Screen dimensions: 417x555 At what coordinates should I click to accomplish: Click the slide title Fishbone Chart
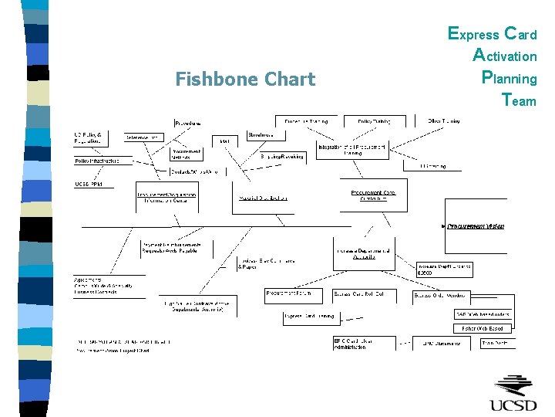point(245,80)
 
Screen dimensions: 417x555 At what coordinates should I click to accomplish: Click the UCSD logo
point(514,395)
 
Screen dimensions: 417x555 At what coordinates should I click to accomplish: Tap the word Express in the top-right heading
point(473,34)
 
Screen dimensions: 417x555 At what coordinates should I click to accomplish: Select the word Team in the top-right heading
point(518,100)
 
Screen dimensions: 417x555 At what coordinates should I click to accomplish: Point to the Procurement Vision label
point(476,226)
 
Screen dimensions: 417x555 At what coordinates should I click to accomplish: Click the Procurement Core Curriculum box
point(373,195)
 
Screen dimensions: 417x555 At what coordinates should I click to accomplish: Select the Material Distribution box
point(264,198)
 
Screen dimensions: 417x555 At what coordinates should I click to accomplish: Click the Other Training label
point(444,121)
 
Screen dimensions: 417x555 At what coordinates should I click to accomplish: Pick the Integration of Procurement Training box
point(351,150)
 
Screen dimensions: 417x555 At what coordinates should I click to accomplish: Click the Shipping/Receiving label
point(281,156)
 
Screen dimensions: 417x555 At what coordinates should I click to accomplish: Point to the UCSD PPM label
point(89,185)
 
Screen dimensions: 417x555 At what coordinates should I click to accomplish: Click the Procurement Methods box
point(187,154)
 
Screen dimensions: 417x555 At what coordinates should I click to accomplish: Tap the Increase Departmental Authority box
point(364,254)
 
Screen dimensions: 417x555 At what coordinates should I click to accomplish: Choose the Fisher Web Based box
point(483,328)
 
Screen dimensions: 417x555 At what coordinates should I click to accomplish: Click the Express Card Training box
point(310,316)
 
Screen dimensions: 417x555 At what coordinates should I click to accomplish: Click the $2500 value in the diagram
point(425,273)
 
